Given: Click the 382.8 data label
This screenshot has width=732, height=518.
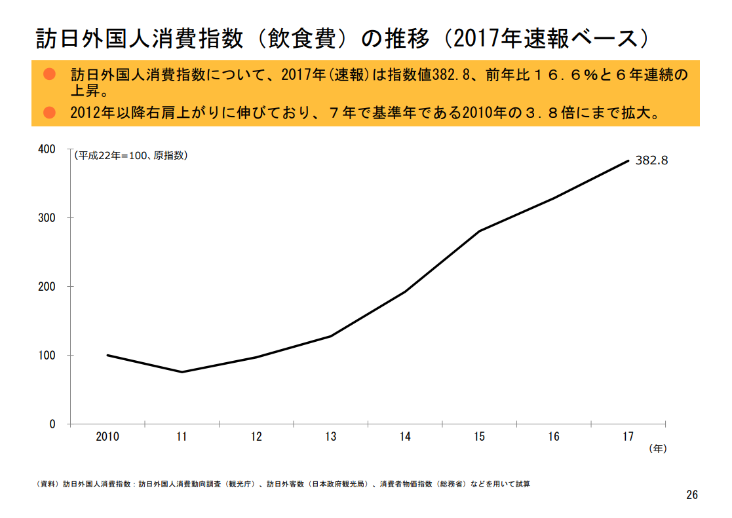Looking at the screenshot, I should [x=651, y=160].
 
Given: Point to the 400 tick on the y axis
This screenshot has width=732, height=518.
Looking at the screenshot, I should [x=47, y=149].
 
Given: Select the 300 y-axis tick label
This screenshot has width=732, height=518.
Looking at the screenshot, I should [x=47, y=218].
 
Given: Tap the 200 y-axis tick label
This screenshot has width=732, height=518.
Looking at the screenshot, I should [x=47, y=287].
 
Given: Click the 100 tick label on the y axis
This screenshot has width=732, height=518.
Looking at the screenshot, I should [x=47, y=356].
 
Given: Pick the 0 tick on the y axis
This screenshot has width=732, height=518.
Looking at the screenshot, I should [x=52, y=424].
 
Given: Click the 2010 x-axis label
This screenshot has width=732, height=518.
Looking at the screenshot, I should [x=107, y=437].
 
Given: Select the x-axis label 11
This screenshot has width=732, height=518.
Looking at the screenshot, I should [x=182, y=437].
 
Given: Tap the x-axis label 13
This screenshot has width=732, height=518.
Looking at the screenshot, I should [x=330, y=437].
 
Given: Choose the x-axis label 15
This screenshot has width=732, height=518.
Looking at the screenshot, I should [x=479, y=437].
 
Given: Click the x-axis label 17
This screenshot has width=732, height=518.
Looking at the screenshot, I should [x=628, y=437].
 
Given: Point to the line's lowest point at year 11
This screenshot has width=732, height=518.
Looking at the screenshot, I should [x=182, y=372].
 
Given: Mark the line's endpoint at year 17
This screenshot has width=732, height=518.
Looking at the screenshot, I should [x=628, y=160].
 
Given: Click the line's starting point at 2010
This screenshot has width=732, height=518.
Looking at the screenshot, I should [x=107, y=355].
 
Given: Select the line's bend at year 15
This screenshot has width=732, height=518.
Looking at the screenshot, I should [x=479, y=231].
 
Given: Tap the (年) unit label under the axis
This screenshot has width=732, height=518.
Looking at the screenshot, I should [x=657, y=449].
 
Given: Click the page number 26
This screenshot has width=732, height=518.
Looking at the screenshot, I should [x=692, y=495].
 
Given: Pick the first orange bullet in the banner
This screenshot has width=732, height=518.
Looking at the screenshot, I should [x=48, y=73].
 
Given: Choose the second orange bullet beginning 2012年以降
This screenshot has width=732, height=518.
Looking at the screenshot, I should [x=48, y=113].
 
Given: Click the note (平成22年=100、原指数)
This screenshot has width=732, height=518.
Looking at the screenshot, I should [x=130, y=156].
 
